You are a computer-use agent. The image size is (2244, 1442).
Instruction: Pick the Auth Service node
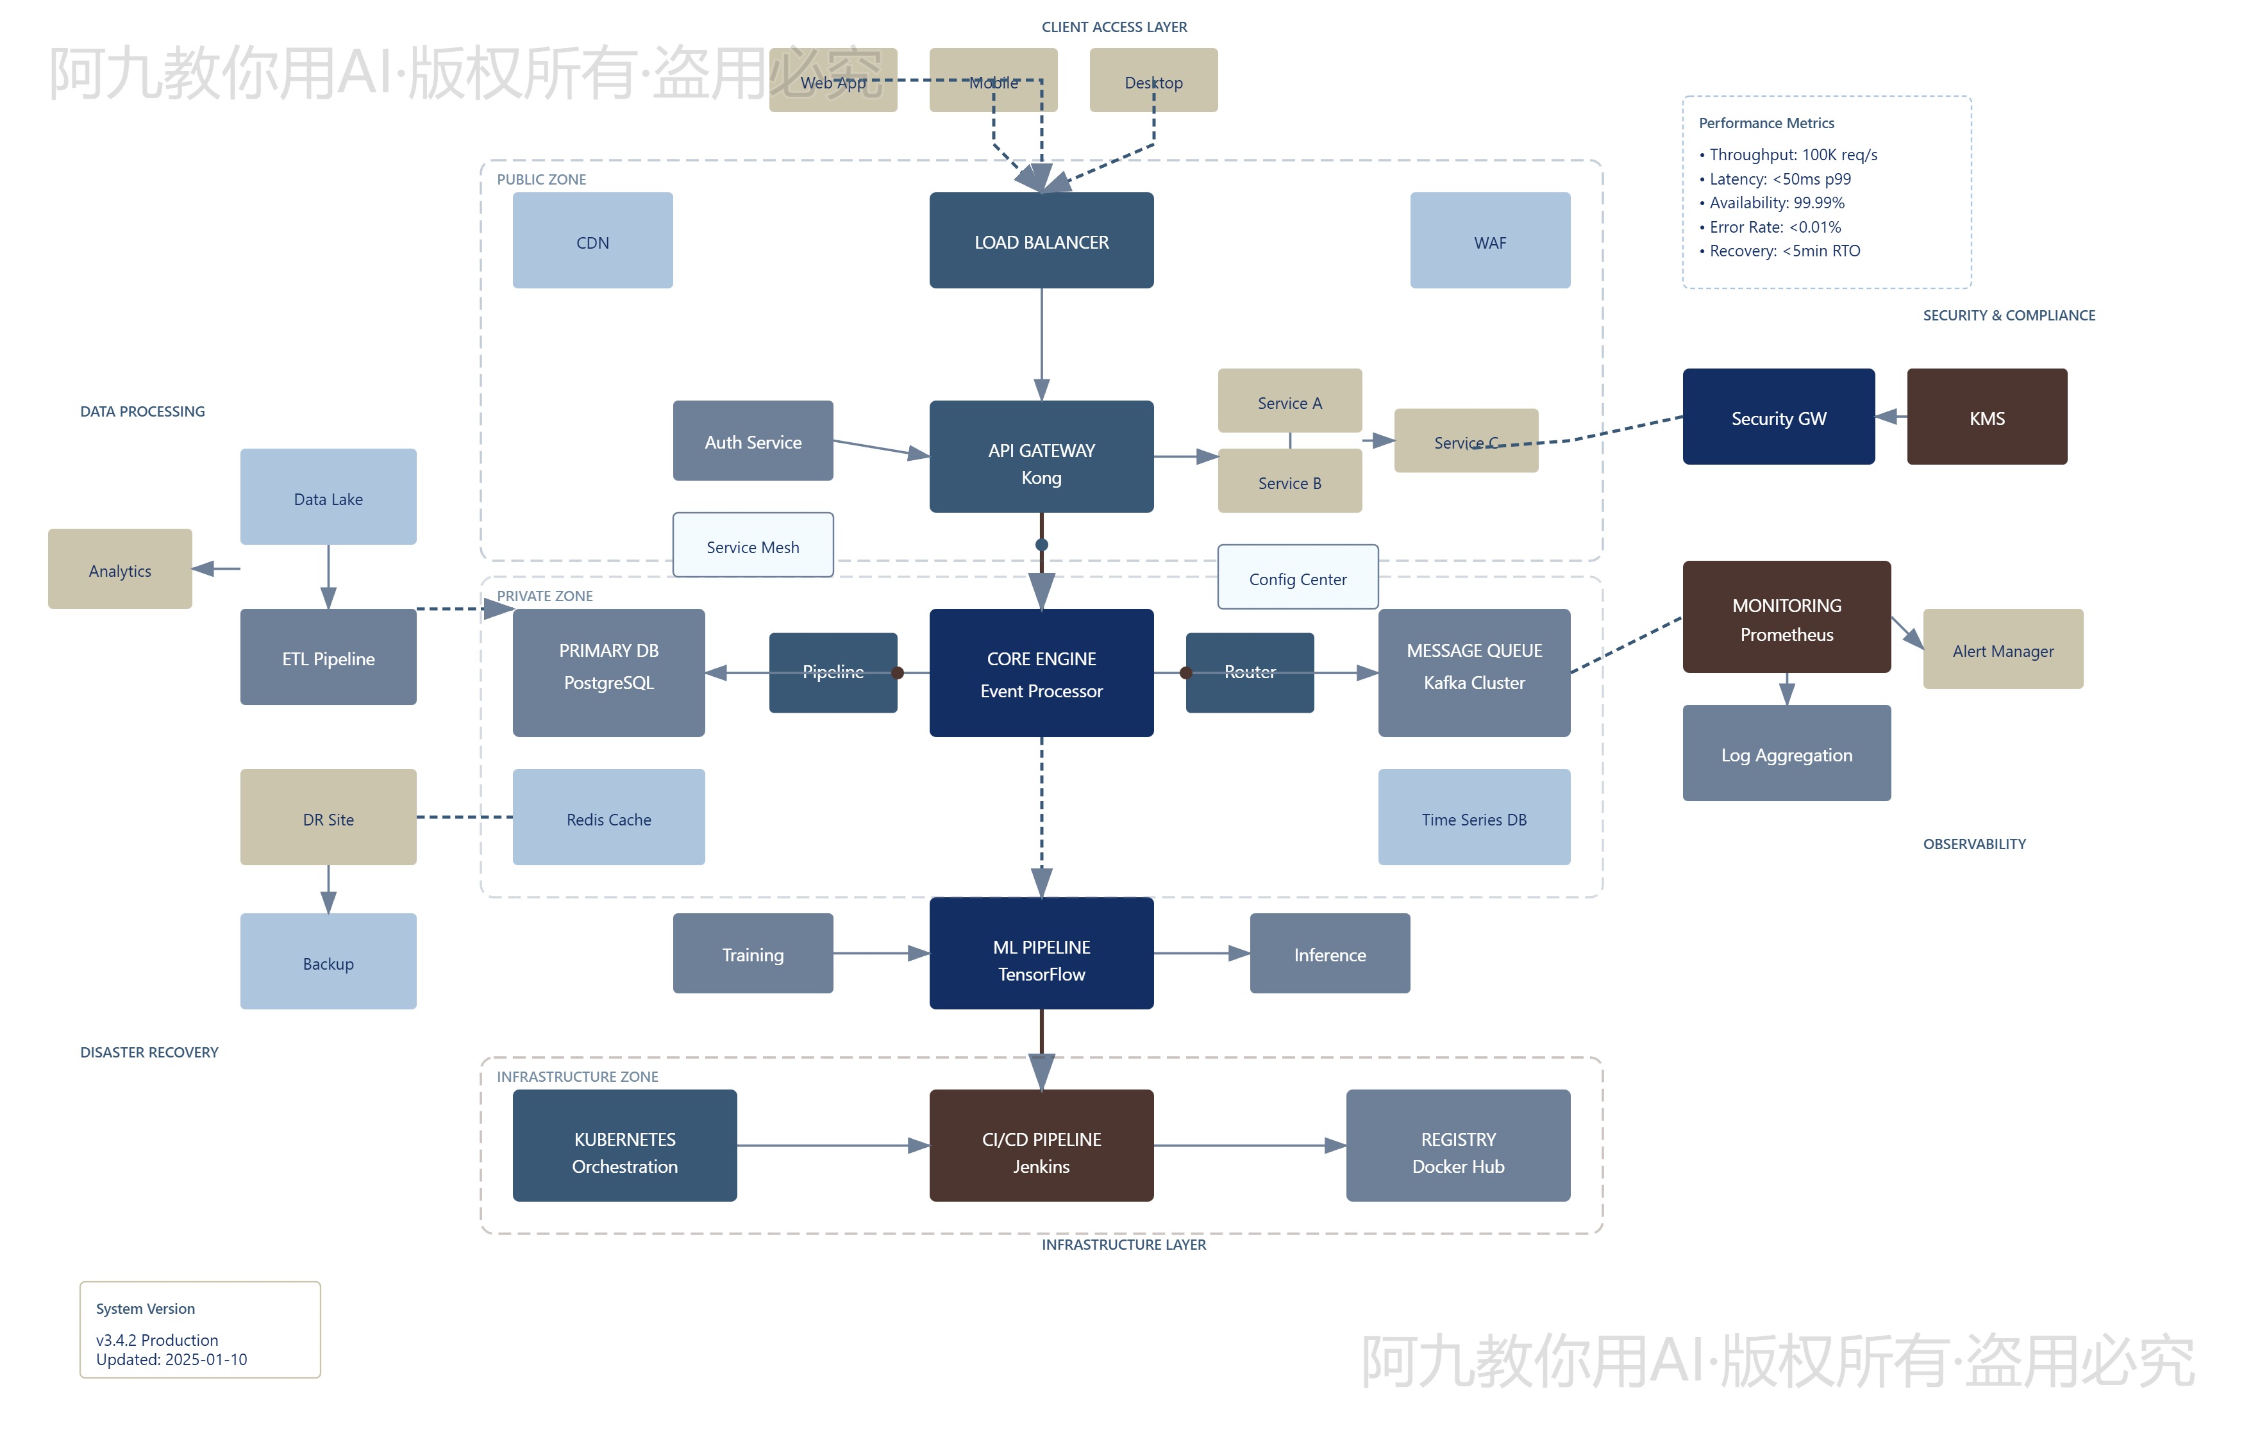(752, 441)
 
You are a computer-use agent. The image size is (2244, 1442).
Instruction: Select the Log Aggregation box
(1786, 753)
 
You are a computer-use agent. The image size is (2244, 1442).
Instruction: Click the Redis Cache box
(608, 817)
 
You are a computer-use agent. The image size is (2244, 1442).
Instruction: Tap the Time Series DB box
(1473, 817)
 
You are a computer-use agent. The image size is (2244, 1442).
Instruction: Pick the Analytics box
(120, 569)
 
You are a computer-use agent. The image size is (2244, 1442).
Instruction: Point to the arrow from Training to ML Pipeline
(880, 953)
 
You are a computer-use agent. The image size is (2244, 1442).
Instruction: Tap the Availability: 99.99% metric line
(1776, 203)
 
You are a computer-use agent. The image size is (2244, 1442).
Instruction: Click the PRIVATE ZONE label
(544, 595)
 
